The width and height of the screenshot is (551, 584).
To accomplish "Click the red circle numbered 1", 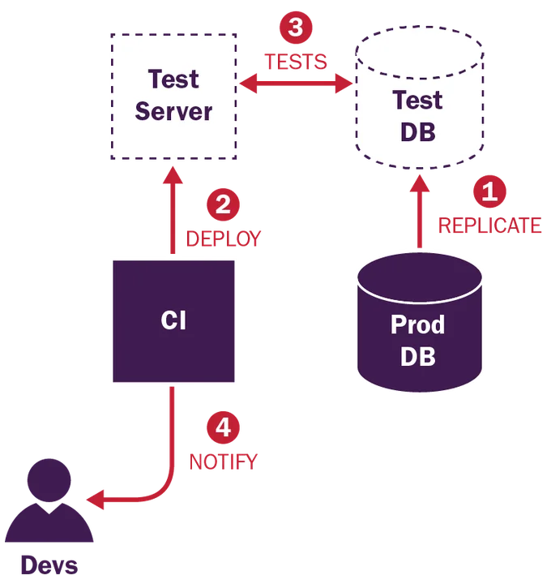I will (489, 193).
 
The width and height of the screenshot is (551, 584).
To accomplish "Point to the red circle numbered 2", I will (223, 204).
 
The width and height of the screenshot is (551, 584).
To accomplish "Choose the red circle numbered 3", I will (296, 28).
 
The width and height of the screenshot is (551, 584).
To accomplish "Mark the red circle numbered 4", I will (223, 427).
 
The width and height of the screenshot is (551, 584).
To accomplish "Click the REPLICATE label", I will (489, 225).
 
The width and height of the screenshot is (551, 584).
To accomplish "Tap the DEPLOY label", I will (224, 238).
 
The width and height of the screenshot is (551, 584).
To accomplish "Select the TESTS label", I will (295, 61).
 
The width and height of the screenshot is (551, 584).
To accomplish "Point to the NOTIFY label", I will (223, 462).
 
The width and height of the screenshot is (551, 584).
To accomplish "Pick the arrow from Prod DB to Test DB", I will (419, 211).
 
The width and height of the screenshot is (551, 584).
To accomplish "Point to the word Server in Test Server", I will (173, 110).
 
